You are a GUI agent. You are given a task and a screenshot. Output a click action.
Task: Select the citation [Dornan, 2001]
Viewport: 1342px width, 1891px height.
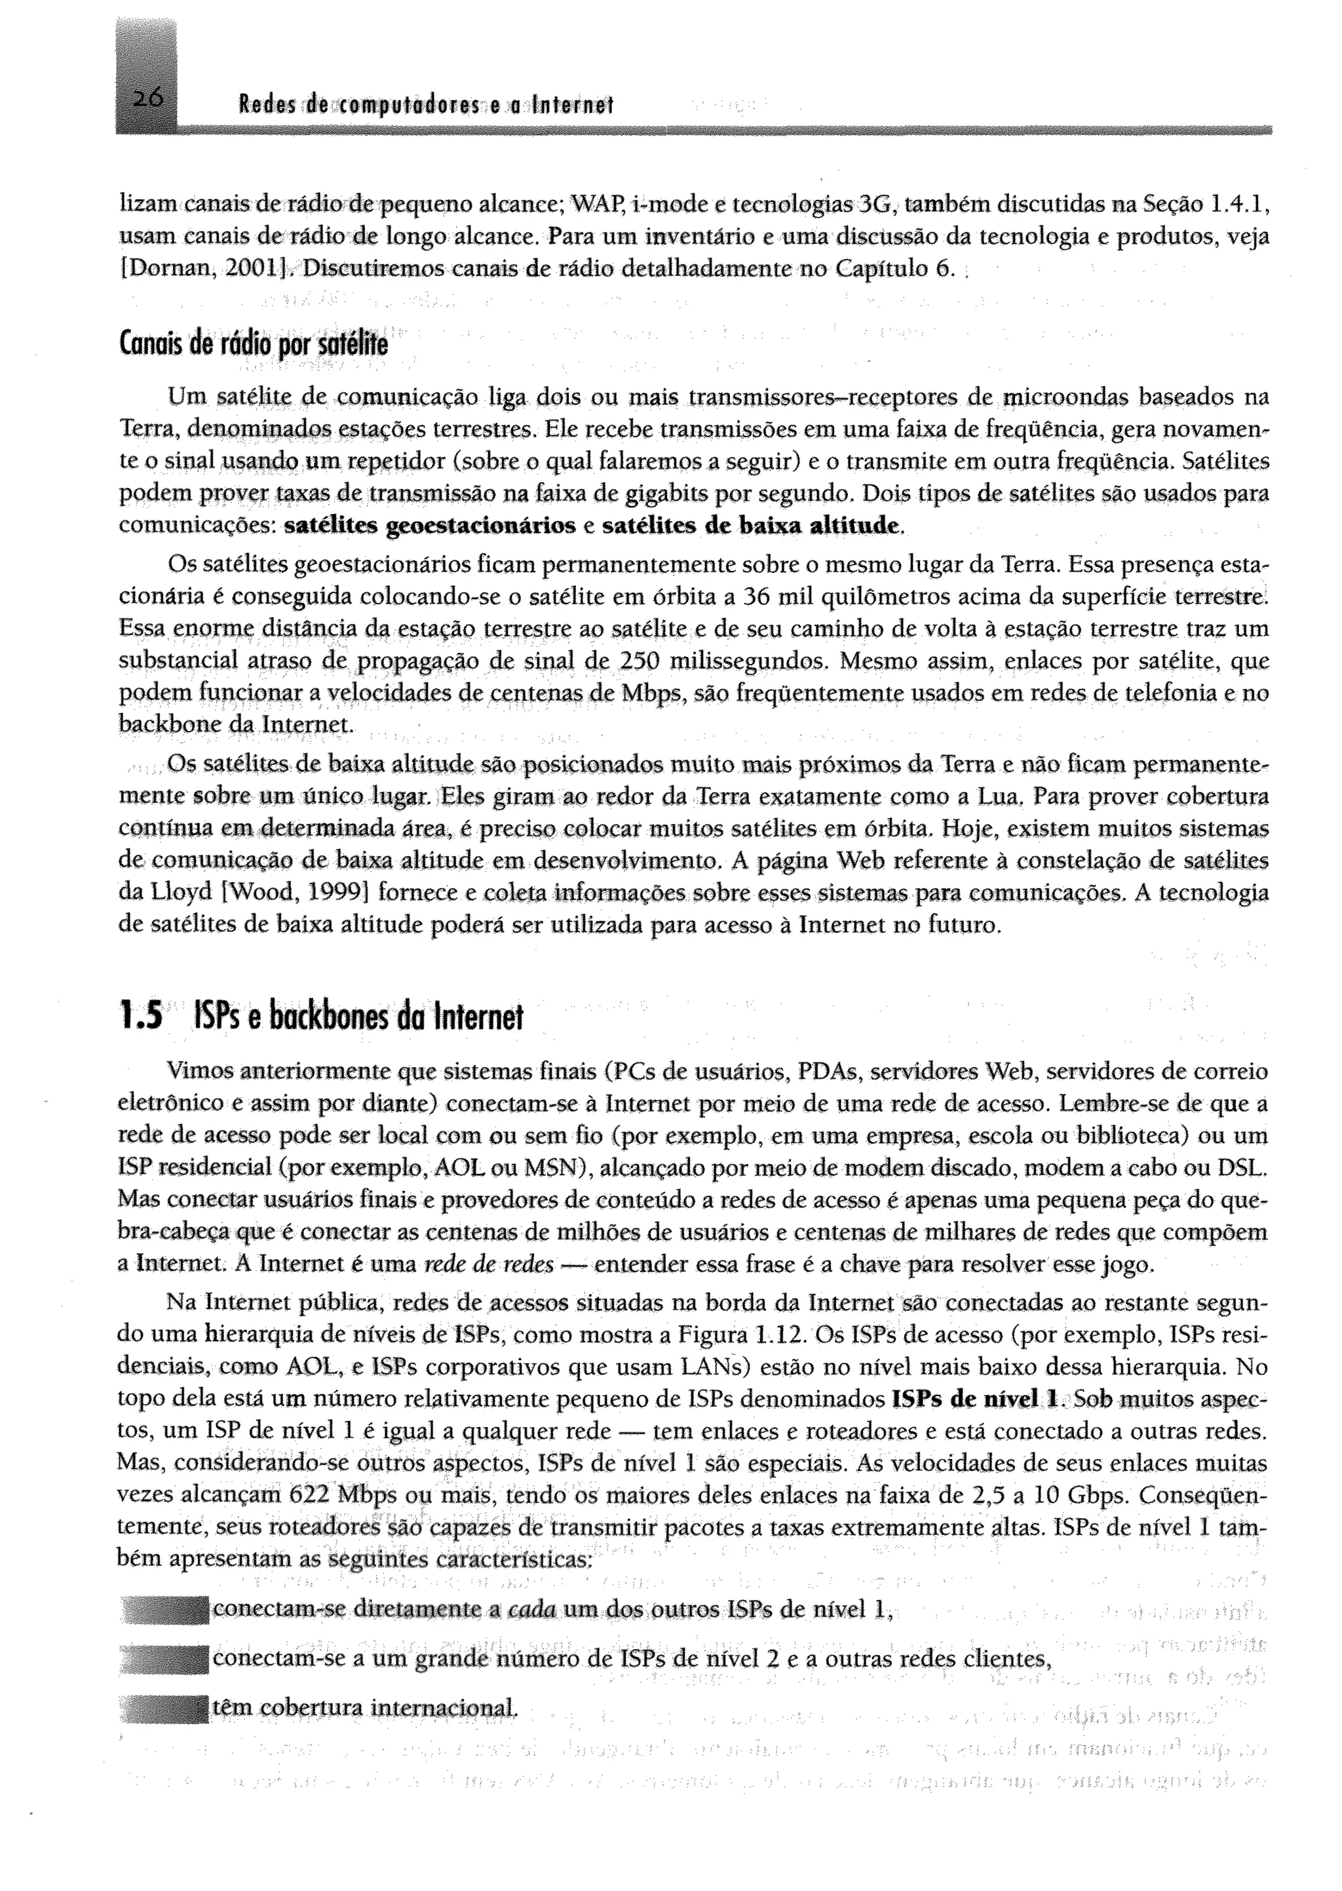coord(203,269)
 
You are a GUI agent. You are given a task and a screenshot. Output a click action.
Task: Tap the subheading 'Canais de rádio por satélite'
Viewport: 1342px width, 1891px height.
coord(253,343)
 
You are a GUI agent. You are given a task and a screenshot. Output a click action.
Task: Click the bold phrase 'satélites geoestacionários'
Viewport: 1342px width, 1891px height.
coord(430,526)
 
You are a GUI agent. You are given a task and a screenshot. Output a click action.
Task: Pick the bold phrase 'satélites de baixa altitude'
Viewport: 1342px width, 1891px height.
coord(751,526)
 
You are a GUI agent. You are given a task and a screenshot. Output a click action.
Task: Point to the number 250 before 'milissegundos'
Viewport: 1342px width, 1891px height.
coord(638,662)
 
